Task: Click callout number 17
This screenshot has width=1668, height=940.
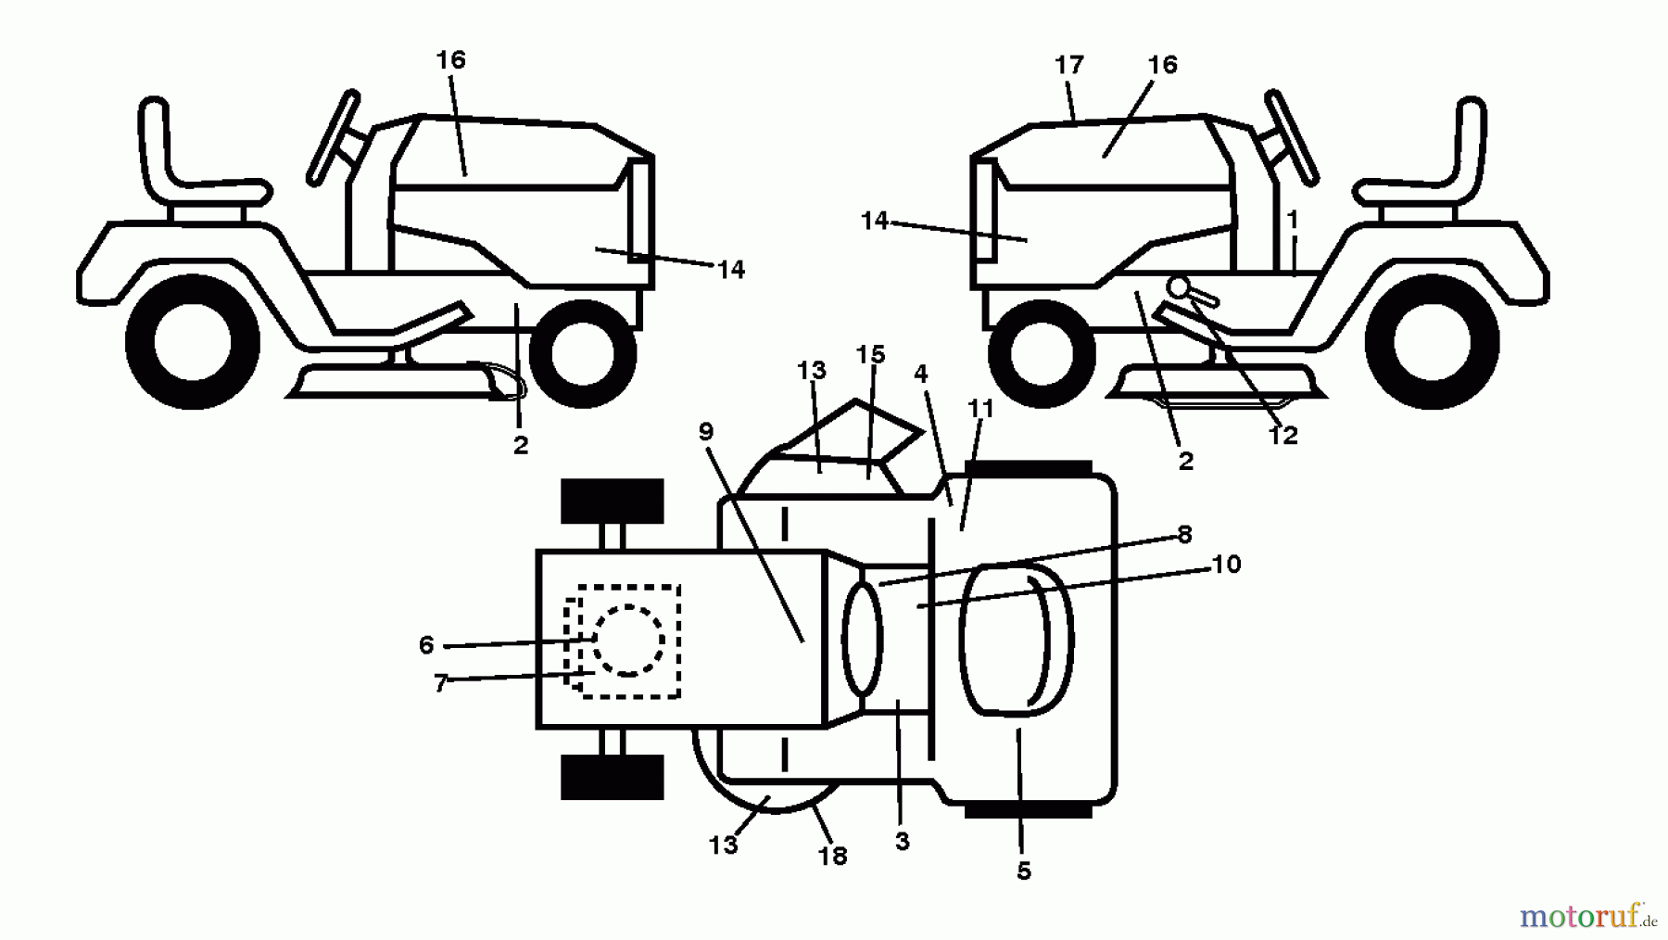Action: pyautogui.click(x=1068, y=65)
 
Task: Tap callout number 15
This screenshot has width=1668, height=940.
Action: pyautogui.click(x=870, y=355)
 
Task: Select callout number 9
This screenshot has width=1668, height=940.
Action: pyautogui.click(x=706, y=431)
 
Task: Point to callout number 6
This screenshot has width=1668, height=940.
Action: pyautogui.click(x=426, y=645)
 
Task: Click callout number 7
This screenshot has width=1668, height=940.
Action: pyautogui.click(x=440, y=684)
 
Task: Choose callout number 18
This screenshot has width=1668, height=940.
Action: pyautogui.click(x=832, y=857)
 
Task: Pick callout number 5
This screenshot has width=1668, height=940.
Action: pyautogui.click(x=1023, y=871)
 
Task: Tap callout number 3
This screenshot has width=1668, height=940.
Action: pyautogui.click(x=902, y=842)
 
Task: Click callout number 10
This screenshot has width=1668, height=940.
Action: pyautogui.click(x=1225, y=564)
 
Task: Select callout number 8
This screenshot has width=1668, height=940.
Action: pyautogui.click(x=1184, y=535)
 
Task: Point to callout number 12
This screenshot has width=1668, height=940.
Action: pyautogui.click(x=1283, y=435)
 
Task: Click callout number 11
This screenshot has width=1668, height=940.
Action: pyautogui.click(x=980, y=409)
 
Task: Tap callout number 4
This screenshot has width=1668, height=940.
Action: pyautogui.click(x=920, y=374)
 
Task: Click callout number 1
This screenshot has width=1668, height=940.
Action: pyautogui.click(x=1293, y=220)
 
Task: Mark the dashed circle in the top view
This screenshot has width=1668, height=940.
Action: pyautogui.click(x=628, y=641)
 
